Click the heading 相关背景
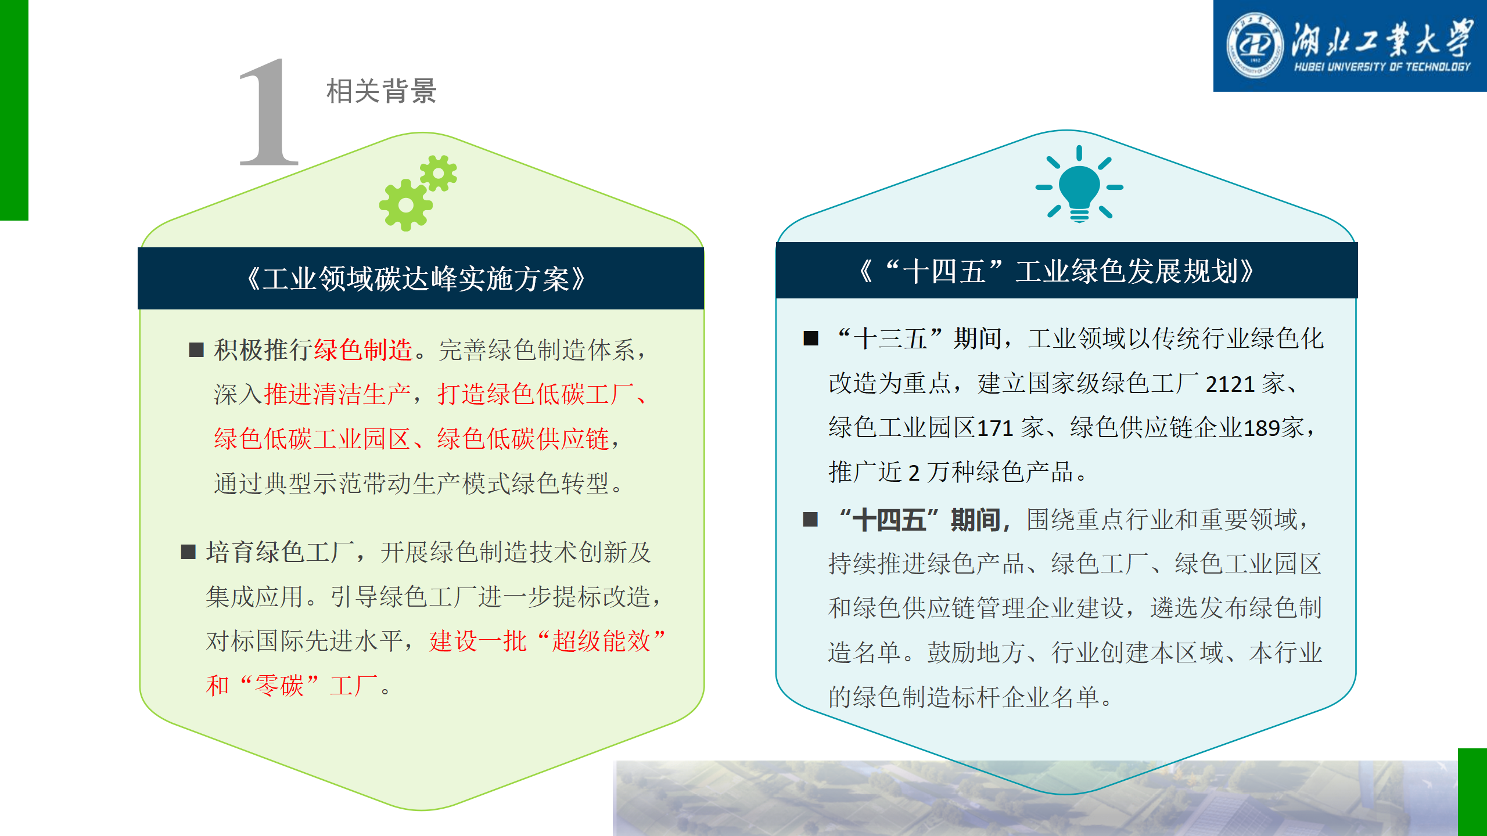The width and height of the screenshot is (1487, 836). pos(382,91)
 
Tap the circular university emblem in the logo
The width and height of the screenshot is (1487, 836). pos(1255,45)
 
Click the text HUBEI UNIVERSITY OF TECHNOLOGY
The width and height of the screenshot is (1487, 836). pos(1382,67)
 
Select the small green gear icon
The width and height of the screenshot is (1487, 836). pos(439,173)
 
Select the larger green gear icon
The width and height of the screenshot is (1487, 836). pos(406,205)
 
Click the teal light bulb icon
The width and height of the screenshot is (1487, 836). pos(1079,185)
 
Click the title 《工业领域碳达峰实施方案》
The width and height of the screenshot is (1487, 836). pos(416,279)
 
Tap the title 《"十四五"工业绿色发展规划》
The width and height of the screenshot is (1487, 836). pos(1057,271)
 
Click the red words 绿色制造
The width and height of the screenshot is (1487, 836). pos(363,350)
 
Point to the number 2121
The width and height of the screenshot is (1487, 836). pos(1230,384)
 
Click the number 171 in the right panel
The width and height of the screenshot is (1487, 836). pos(995,428)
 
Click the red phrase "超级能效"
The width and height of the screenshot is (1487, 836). pos(601,642)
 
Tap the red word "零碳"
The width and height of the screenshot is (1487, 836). pos(279,686)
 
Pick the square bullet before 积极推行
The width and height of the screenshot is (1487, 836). pos(196,349)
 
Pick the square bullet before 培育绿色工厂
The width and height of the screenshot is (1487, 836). pos(188,552)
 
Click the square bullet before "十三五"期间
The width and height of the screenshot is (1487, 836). pos(811,338)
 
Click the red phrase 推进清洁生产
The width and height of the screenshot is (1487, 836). pos(337,394)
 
